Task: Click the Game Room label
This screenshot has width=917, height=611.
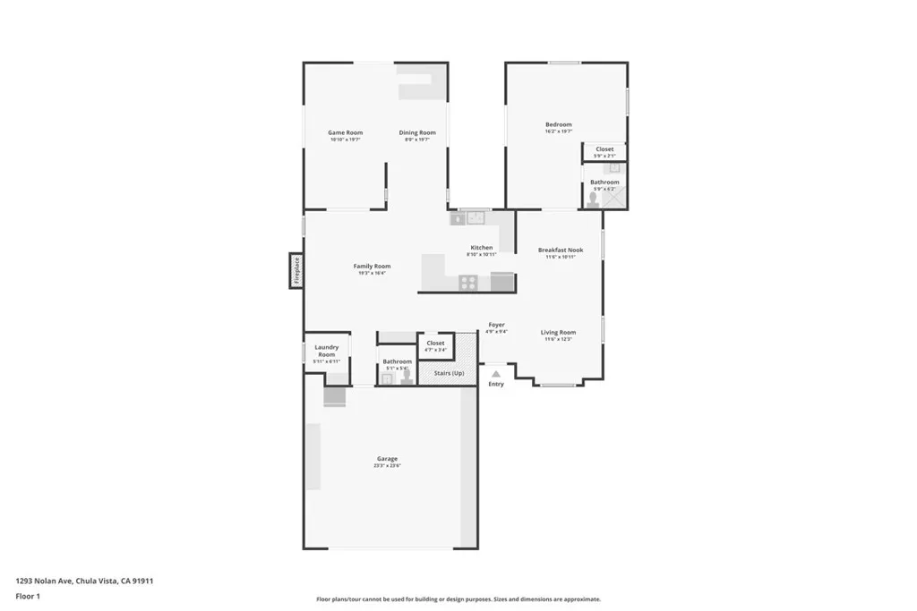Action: tap(345, 133)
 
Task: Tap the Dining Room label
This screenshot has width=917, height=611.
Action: tap(416, 133)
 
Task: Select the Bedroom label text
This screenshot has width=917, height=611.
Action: tap(558, 124)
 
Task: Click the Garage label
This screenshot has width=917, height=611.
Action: tap(387, 459)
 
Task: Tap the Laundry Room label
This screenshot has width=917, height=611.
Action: tap(327, 351)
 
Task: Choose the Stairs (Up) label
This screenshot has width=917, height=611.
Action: tap(449, 373)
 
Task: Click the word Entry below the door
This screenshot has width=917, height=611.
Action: tap(496, 385)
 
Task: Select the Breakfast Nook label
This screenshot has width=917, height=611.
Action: tap(561, 250)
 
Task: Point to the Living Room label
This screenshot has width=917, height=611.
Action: tap(558, 333)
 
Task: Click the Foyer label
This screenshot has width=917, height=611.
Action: tap(496, 325)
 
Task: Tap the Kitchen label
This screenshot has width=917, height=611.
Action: tap(482, 248)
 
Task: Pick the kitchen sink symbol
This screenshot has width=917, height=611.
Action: tap(474, 217)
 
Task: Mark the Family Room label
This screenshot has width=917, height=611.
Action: tap(372, 266)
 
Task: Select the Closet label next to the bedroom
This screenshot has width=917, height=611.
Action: tap(604, 149)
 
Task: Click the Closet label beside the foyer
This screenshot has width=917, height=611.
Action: tap(435, 343)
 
